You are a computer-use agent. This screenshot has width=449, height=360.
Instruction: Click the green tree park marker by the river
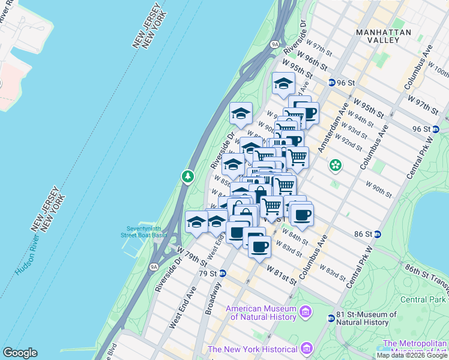tap(188, 176)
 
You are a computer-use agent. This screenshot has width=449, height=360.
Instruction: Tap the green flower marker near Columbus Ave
tap(336, 164)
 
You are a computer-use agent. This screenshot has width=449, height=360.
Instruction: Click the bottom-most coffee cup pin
tap(259, 246)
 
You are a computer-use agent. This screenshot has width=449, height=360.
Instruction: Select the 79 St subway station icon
tap(223, 273)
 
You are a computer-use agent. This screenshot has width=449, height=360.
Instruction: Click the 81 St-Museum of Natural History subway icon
tap(331, 318)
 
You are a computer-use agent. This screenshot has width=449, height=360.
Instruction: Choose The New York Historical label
tap(252, 349)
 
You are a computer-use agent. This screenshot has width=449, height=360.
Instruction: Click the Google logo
tap(20, 353)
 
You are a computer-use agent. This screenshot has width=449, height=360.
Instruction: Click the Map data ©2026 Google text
tap(411, 355)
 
